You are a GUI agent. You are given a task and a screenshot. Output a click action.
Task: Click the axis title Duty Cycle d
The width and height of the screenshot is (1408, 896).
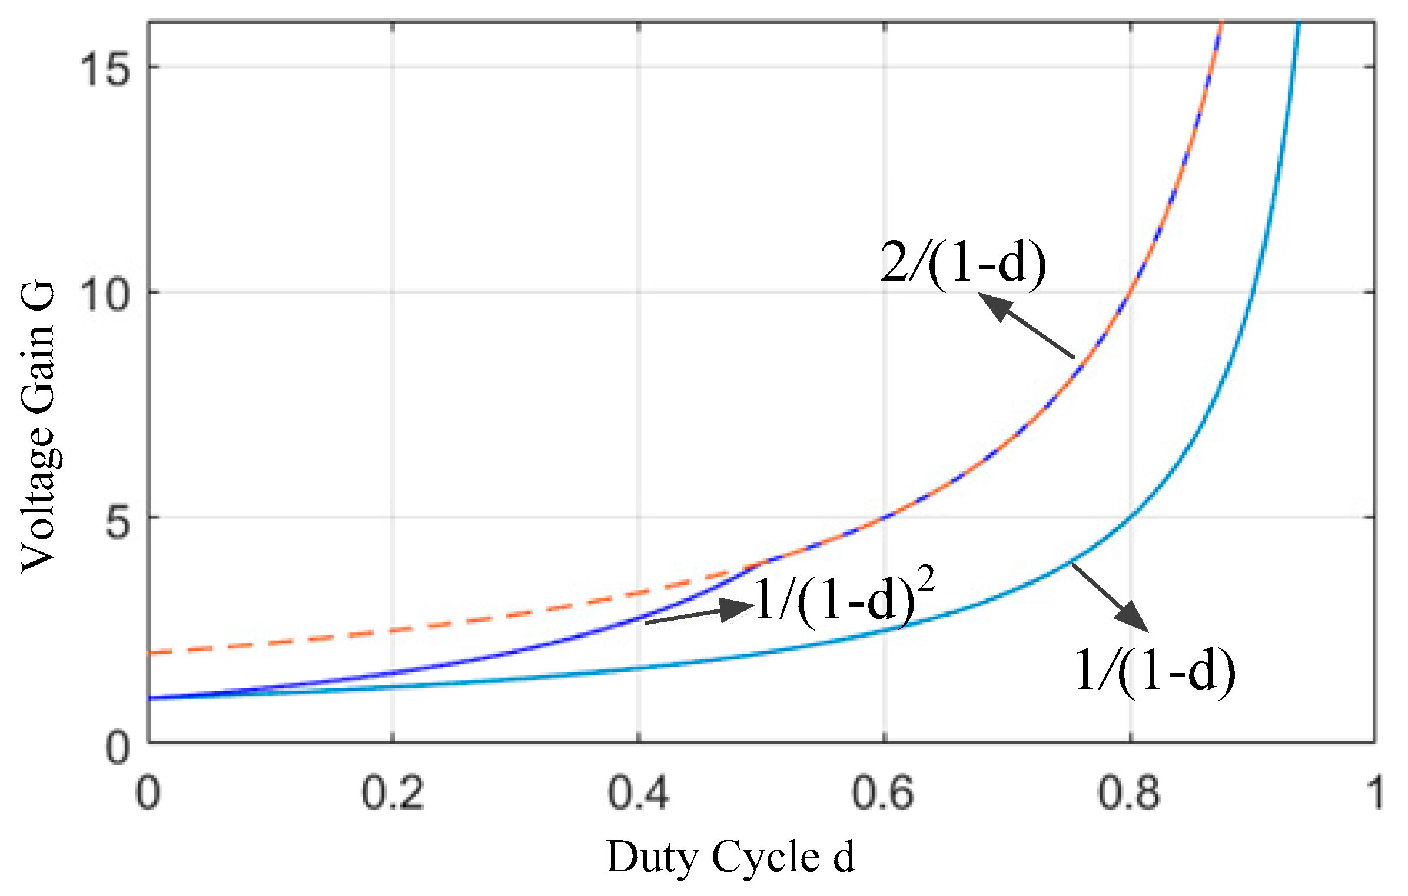(730, 858)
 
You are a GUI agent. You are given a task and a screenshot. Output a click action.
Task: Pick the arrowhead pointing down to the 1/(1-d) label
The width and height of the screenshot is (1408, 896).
(1133, 618)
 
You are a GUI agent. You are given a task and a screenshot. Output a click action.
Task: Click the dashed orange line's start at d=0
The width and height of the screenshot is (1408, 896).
(151, 652)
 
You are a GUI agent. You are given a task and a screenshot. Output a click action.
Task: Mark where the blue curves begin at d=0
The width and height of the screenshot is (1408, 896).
(151, 698)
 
